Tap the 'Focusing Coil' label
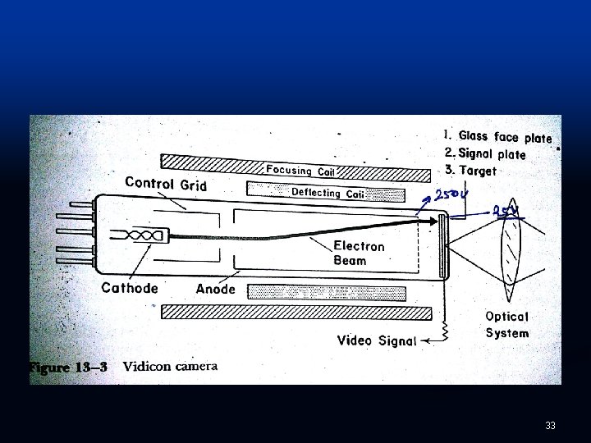[300, 171]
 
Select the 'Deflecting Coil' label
[328, 193]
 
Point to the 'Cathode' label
[130, 288]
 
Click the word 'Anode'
[216, 289]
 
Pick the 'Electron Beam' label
[359, 253]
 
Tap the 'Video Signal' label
[377, 340]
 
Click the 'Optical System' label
[507, 324]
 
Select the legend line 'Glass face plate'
[497, 137]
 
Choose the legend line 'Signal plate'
[485, 153]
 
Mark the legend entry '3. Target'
[470, 171]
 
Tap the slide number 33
[550, 426]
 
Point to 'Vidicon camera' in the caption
[170, 367]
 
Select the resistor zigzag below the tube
[448, 330]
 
